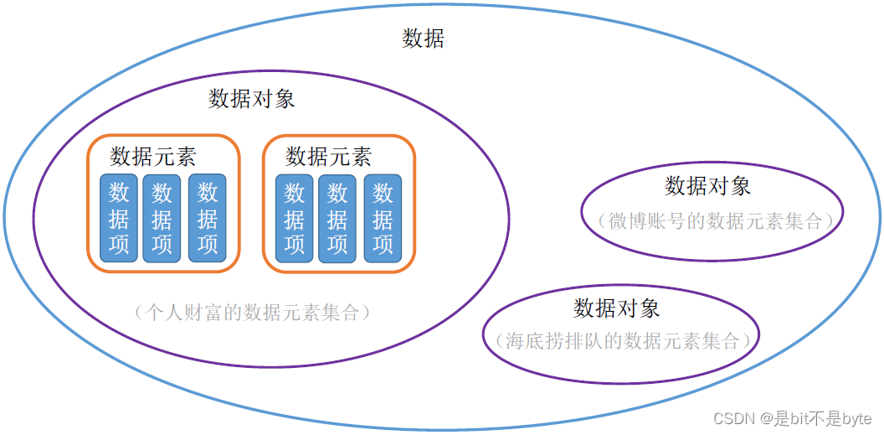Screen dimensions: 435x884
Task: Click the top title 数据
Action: (x=424, y=39)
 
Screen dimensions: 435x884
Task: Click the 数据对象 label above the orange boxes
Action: (x=251, y=99)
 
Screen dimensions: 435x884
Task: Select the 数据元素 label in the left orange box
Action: (x=153, y=157)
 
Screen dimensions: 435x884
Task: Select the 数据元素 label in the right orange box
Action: (x=328, y=157)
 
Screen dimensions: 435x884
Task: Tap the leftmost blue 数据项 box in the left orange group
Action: (x=119, y=218)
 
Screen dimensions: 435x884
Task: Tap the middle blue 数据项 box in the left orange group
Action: (x=162, y=218)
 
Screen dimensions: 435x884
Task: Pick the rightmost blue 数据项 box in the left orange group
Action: (x=207, y=218)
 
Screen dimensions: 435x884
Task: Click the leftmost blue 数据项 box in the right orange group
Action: (x=294, y=218)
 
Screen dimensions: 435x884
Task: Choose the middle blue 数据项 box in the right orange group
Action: (x=337, y=218)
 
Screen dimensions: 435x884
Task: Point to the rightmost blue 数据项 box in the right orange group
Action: (x=383, y=218)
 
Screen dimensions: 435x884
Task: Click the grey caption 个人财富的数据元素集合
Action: (x=250, y=313)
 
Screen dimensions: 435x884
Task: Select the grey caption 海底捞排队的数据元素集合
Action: (x=621, y=341)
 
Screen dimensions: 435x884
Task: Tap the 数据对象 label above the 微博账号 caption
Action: (x=708, y=185)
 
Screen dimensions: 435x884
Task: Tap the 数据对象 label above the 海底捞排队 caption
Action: (x=617, y=308)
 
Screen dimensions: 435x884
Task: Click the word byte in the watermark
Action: (x=856, y=417)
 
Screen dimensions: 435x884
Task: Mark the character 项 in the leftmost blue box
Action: (x=119, y=244)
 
